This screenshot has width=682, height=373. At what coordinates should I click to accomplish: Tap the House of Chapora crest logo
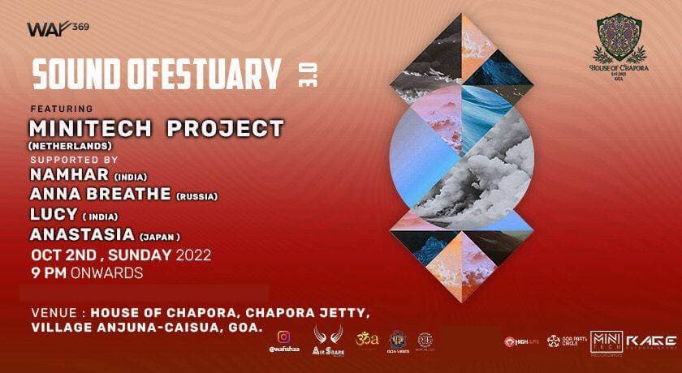tap(626, 48)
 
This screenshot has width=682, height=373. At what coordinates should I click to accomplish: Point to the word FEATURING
tap(61, 109)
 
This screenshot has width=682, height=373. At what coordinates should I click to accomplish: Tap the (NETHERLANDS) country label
tap(67, 144)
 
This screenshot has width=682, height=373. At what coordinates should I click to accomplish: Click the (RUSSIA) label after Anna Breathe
tap(196, 195)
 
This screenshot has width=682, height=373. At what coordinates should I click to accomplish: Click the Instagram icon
tap(283, 335)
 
